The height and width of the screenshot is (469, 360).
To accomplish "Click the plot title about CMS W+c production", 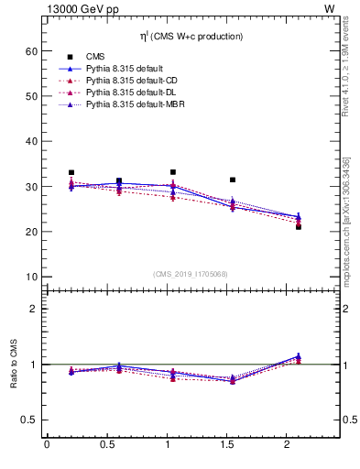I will (193, 37).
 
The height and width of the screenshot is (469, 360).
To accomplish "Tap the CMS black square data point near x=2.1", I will (299, 226).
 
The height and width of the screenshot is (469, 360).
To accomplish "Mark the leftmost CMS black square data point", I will (71, 172).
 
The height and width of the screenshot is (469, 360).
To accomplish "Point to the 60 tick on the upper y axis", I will (29, 52).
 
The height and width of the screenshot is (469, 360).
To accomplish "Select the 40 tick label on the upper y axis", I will (29, 142).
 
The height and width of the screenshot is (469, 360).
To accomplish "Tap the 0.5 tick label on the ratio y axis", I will (27, 420).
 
